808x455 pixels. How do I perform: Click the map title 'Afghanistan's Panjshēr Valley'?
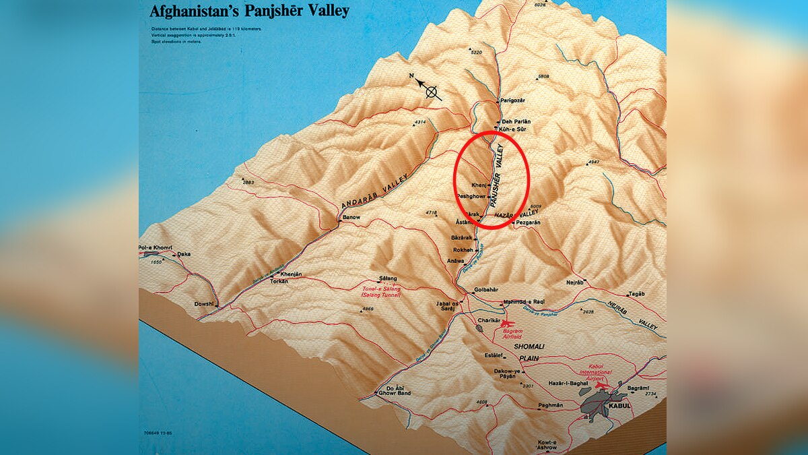coord(248,11)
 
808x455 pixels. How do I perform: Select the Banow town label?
coord(351,218)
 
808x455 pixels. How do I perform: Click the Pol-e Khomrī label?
coord(156,248)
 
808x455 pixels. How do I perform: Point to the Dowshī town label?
coord(203,304)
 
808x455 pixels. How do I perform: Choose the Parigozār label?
coord(513,100)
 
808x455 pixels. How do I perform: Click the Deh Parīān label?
coord(516,121)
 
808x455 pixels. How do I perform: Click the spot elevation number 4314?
coord(420,122)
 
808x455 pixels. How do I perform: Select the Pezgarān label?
coord(528,222)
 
